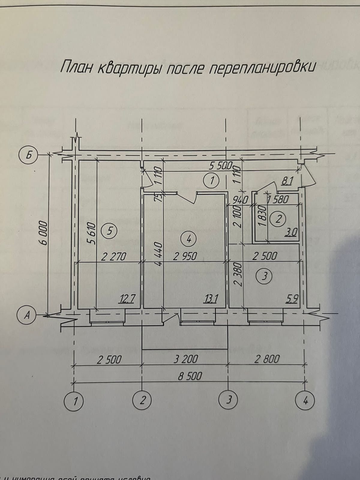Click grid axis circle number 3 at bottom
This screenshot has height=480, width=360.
[229, 400]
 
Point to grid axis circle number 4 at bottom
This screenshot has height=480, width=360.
[305, 400]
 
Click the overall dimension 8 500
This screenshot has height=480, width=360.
[190, 376]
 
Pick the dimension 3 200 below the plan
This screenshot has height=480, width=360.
[186, 359]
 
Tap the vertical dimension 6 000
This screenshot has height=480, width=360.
[43, 234]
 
